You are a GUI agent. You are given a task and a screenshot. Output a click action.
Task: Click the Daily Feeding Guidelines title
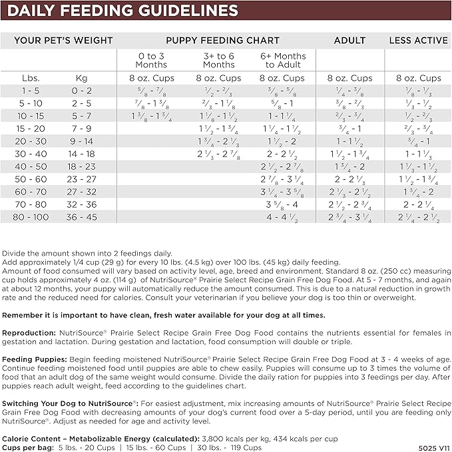[x=123, y=11]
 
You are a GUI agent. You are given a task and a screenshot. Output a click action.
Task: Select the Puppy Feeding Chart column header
[x=222, y=41]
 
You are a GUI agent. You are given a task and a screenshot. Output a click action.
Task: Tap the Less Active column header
[x=418, y=41]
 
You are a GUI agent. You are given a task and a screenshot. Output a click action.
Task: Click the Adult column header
[x=349, y=41]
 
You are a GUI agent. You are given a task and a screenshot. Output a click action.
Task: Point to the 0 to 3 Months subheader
[x=151, y=61]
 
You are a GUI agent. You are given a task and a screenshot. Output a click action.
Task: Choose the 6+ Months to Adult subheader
[x=284, y=61]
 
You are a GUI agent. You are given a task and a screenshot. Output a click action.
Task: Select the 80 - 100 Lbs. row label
[x=31, y=217]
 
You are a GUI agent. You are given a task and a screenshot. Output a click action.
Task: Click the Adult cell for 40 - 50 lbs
[x=349, y=166]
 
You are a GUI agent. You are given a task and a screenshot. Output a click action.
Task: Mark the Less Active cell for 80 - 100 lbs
[x=418, y=217]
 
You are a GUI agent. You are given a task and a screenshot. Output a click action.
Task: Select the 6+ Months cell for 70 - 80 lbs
[x=284, y=204]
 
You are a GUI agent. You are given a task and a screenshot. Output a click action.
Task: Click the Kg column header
[x=86, y=78]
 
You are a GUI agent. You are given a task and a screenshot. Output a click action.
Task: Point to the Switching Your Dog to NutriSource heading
[x=70, y=404]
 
